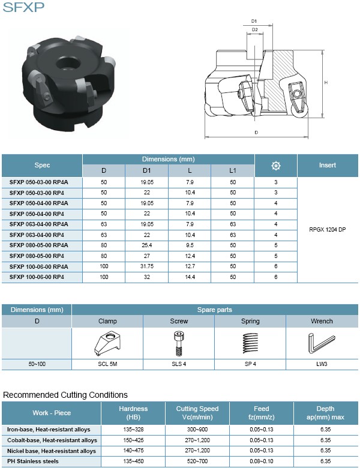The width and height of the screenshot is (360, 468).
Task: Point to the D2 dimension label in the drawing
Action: (254, 29)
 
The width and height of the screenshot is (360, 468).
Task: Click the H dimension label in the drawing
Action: (325, 82)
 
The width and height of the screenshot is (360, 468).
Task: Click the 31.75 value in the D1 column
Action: (146, 266)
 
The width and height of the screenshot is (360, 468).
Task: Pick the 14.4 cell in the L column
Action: (190, 277)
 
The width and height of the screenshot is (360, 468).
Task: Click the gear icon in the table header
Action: (276, 166)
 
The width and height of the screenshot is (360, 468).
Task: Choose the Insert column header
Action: (327, 165)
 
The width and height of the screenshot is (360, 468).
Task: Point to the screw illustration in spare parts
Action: (179, 343)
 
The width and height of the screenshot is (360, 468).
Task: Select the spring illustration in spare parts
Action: (251, 343)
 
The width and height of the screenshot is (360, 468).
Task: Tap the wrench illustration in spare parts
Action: (322, 343)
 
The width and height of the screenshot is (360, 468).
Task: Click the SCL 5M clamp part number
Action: (107, 364)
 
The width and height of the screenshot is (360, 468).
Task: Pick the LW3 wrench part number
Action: (322, 364)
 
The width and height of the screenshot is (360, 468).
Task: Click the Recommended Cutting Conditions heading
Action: (65, 395)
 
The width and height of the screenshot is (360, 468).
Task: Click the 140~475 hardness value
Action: (133, 451)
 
